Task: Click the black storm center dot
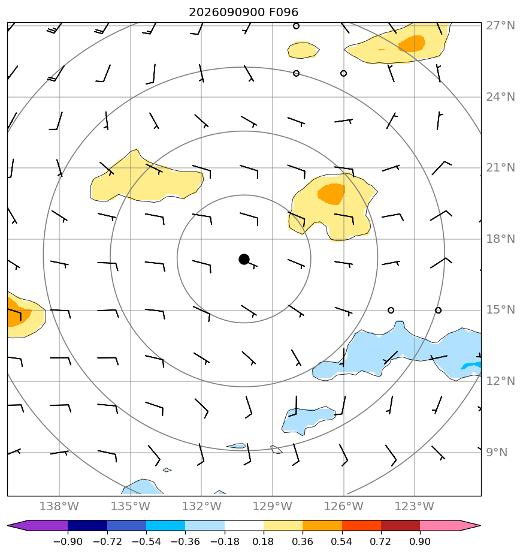tap(244, 260)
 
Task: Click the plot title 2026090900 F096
tap(244, 13)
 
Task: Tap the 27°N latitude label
tap(500, 26)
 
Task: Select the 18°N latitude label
tap(500, 239)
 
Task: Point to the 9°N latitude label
tap(497, 452)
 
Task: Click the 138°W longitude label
tap(59, 506)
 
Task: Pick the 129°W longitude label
tap(272, 506)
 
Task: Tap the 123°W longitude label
tap(414, 506)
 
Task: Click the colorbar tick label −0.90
tap(68, 541)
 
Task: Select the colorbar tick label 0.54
tap(341, 541)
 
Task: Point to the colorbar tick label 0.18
tap(263, 541)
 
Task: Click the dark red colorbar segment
tap(400, 525)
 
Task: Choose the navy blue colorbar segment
tap(87, 525)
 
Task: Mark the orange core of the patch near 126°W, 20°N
tap(331, 194)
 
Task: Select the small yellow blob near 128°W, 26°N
tap(303, 50)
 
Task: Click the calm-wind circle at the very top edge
tap(297, 26)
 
